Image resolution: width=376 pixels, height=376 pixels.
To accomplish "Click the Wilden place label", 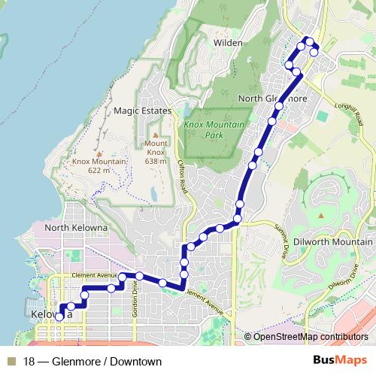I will [228, 43].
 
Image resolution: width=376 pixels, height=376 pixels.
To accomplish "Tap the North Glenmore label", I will [271, 99].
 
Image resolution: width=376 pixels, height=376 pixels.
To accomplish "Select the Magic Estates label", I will [143, 111].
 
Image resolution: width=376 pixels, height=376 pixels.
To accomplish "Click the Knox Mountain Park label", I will [214, 129].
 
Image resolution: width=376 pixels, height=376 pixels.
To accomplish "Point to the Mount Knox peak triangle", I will [156, 134].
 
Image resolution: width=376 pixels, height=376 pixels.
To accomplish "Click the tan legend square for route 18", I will [11, 362].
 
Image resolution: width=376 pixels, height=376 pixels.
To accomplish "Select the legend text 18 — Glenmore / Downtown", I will [92, 362].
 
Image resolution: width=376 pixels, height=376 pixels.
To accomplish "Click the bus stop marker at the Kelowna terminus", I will [59, 317].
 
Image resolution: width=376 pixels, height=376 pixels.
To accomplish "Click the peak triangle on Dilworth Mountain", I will [322, 216].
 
